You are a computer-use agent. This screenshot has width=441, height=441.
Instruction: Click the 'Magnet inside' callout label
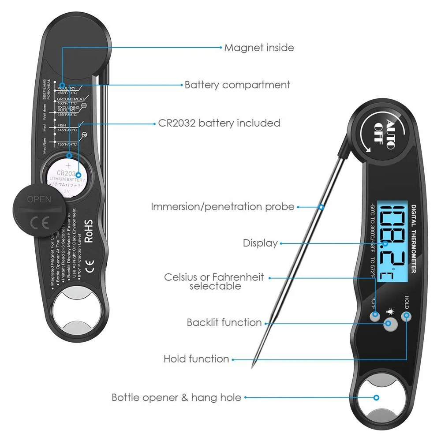[x=259, y=47]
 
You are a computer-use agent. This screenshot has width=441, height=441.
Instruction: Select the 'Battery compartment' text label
[x=237, y=85]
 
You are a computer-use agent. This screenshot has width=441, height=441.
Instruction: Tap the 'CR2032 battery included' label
[x=219, y=123]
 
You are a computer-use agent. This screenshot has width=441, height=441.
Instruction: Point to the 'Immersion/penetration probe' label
[x=222, y=206]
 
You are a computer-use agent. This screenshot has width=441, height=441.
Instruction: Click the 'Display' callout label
[x=260, y=243]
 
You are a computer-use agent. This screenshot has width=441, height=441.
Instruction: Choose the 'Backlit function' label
[x=224, y=322]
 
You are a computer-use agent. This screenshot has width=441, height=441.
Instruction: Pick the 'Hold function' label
[x=196, y=359]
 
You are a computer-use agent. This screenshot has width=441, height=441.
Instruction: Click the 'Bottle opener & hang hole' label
[x=176, y=398]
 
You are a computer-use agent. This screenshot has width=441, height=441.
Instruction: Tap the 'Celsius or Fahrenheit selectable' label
[x=214, y=281]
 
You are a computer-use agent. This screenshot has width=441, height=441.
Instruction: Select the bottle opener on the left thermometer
[x=74, y=311]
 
